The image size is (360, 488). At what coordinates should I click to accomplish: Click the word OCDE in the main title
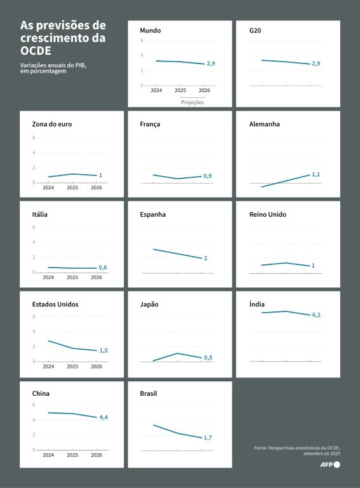(36, 51)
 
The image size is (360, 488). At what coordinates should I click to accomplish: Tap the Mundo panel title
(150, 30)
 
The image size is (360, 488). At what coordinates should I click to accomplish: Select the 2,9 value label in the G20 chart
(316, 64)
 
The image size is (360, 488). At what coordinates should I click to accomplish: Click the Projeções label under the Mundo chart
(192, 102)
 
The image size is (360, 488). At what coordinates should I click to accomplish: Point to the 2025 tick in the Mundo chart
(180, 90)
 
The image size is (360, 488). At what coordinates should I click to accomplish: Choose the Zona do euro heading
(52, 124)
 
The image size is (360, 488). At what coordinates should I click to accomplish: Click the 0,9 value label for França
(208, 176)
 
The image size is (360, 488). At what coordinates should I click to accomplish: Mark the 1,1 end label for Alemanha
(316, 175)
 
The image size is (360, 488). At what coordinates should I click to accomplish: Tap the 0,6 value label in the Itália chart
(103, 268)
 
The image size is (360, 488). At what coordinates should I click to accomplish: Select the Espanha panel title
(152, 214)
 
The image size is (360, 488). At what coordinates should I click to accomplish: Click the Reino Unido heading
(268, 214)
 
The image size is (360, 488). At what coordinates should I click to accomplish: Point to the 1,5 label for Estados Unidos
(103, 351)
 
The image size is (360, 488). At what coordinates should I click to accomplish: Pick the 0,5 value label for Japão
(208, 358)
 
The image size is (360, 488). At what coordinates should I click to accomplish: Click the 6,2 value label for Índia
(316, 315)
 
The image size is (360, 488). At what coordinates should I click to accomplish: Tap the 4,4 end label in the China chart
(103, 417)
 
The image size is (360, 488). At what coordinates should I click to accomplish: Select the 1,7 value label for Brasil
(208, 438)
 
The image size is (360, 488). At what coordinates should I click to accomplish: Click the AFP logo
(330, 464)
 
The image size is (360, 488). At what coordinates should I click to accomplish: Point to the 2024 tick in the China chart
(48, 455)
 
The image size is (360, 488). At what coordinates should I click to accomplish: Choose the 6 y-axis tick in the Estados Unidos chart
(34, 316)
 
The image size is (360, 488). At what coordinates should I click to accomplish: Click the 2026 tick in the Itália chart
(97, 277)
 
